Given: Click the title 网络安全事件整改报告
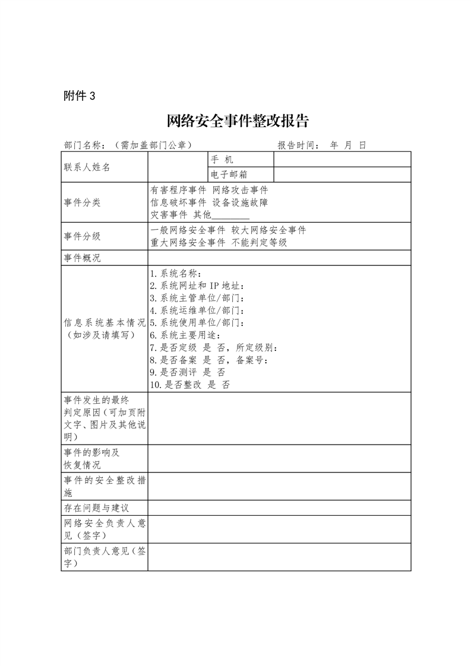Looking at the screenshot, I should coord(238,121).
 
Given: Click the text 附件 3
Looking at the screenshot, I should coord(79,96).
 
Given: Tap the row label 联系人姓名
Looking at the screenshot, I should coord(87,167).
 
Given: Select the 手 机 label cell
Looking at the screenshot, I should coord(222,160).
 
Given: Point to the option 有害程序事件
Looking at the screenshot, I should coord(179,190).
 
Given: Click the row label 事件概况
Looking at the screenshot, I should coord(83,258).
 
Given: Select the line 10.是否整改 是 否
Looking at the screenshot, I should coord(190,385).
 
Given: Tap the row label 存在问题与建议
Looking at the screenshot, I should coord(96,508).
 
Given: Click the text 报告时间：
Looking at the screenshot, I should coord(299,145).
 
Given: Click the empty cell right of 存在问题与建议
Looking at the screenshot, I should coord(279,508).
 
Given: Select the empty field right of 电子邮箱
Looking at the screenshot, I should coord(342,175).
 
